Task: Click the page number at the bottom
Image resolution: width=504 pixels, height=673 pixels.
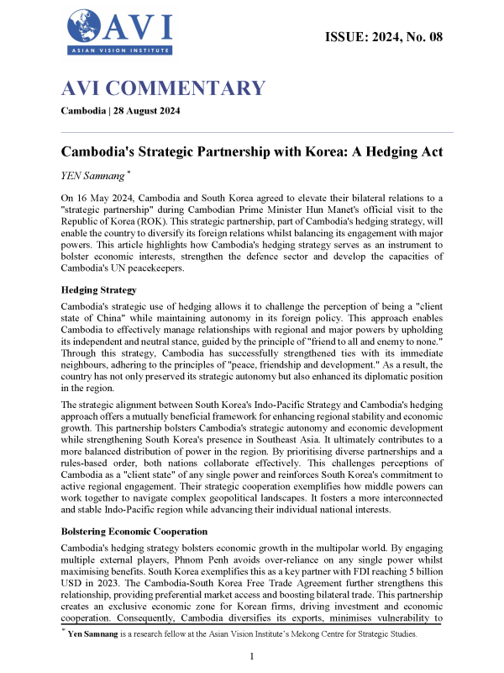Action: (x=252, y=655)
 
